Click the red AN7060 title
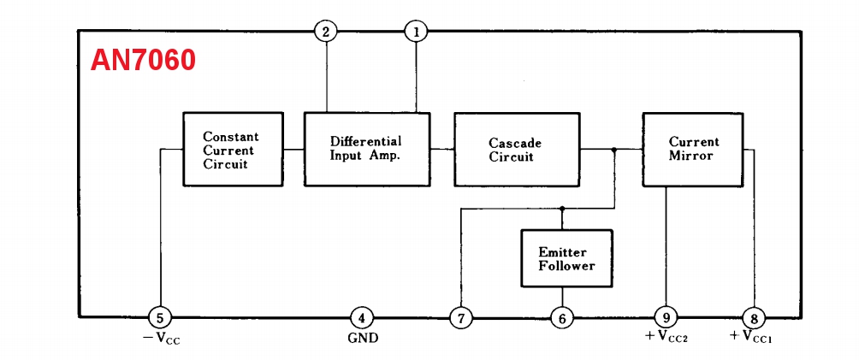pos(144,61)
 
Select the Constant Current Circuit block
pos(233,150)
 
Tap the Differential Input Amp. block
pos(367,149)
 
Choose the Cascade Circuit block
pos(516,150)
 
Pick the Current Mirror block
pos(693,149)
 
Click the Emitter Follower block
pos(566,258)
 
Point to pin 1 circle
pos(417,32)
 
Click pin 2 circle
pos(326,32)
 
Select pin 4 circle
pos(362,318)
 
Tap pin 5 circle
pos(160,318)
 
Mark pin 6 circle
pos(562,318)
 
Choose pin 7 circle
pos(461,318)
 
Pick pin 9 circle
pos(666,318)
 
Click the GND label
pos(363,339)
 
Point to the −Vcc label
pos(160,339)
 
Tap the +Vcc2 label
pos(666,338)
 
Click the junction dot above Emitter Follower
pos(562,208)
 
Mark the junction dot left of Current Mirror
pos(614,149)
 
